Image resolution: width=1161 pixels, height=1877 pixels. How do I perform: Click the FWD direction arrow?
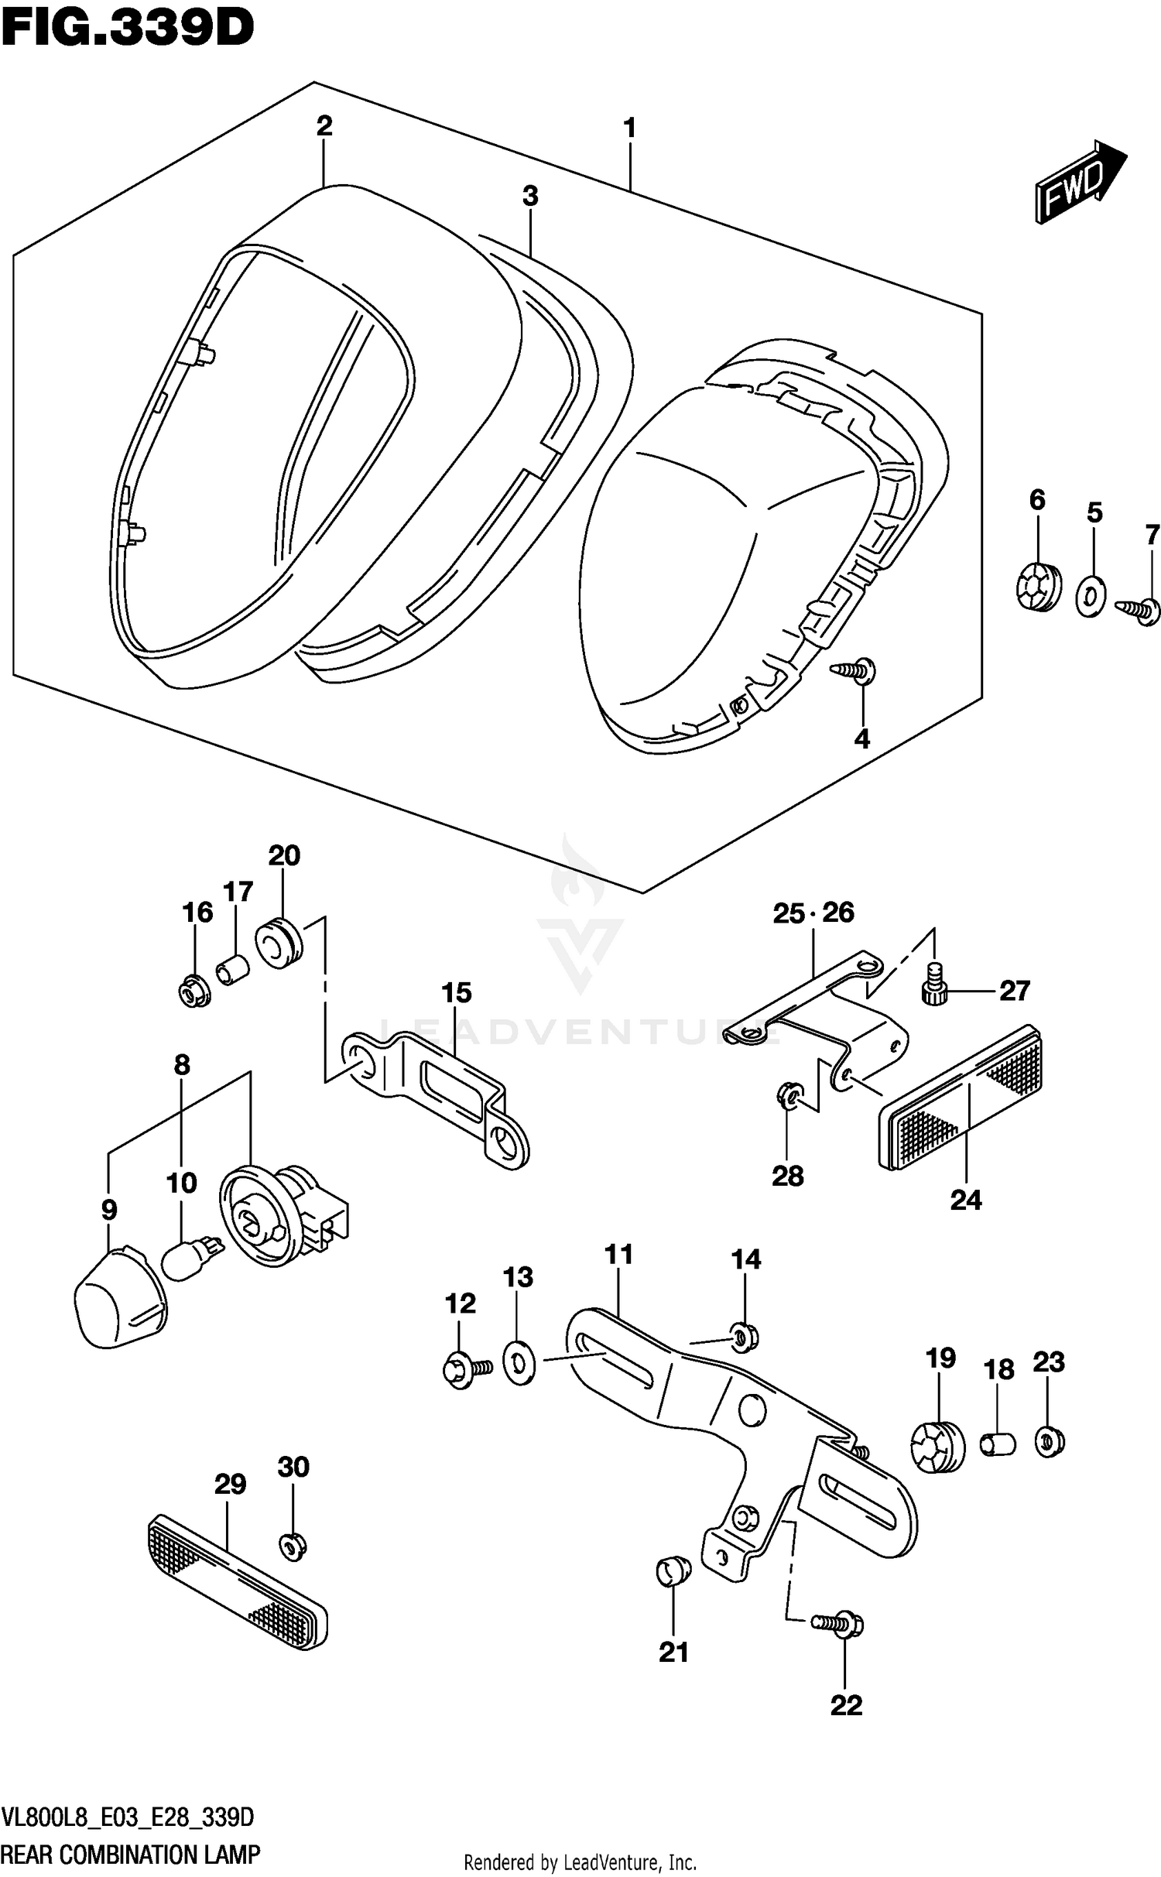point(1079,183)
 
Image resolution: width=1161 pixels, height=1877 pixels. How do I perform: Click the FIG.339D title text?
point(128,29)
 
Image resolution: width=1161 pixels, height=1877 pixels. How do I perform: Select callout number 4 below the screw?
point(861,739)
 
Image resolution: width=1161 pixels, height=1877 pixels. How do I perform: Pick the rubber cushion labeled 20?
point(279,942)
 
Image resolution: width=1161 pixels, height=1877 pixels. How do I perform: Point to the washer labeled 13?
point(519,1364)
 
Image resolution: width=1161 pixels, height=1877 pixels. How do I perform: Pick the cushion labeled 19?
point(937,1447)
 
